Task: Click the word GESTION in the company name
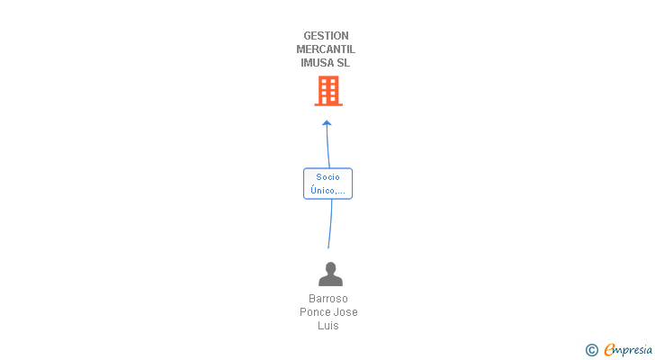(x=326, y=36)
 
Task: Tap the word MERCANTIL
(x=326, y=49)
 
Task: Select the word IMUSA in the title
(x=316, y=63)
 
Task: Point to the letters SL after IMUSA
(x=344, y=63)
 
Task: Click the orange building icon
(x=328, y=91)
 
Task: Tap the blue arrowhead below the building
(x=327, y=122)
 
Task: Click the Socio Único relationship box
(x=327, y=184)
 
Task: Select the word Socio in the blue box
(x=327, y=177)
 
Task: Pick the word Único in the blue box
(x=323, y=191)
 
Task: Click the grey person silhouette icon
(x=330, y=274)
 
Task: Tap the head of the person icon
(x=330, y=267)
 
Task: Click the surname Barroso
(x=327, y=299)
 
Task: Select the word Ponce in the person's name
(x=313, y=312)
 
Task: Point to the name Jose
(x=345, y=312)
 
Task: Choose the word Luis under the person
(x=327, y=325)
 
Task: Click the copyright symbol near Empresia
(x=591, y=350)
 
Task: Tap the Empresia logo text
(x=628, y=350)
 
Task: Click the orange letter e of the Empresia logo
(x=609, y=349)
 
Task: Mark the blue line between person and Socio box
(x=330, y=224)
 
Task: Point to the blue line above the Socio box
(x=327, y=146)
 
